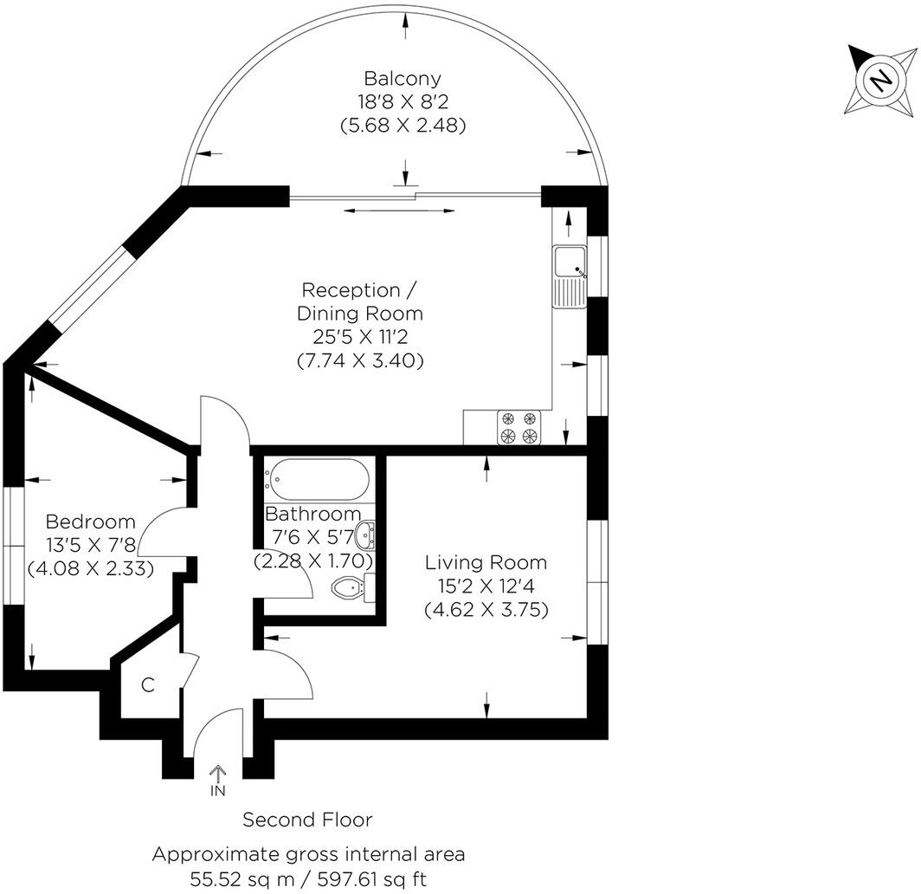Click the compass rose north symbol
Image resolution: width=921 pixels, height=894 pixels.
[880, 81]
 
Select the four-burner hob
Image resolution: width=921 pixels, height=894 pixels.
[517, 428]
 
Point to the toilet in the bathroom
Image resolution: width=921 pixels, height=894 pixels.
[351, 588]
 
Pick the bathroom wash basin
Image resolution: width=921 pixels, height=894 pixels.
[367, 534]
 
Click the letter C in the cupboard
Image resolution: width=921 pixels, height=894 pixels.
[148, 685]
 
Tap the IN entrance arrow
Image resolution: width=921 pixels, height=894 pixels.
[217, 772]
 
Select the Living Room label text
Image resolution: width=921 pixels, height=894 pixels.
[486, 563]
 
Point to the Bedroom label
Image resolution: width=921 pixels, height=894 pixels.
[90, 521]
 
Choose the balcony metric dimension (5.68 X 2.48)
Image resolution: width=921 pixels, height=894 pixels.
[403, 125]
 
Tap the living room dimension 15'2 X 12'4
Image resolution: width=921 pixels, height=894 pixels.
[486, 586]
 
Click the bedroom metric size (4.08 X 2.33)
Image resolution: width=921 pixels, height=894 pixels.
[90, 569]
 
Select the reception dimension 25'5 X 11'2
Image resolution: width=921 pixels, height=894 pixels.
[361, 336]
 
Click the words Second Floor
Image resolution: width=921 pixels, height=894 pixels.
[307, 819]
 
